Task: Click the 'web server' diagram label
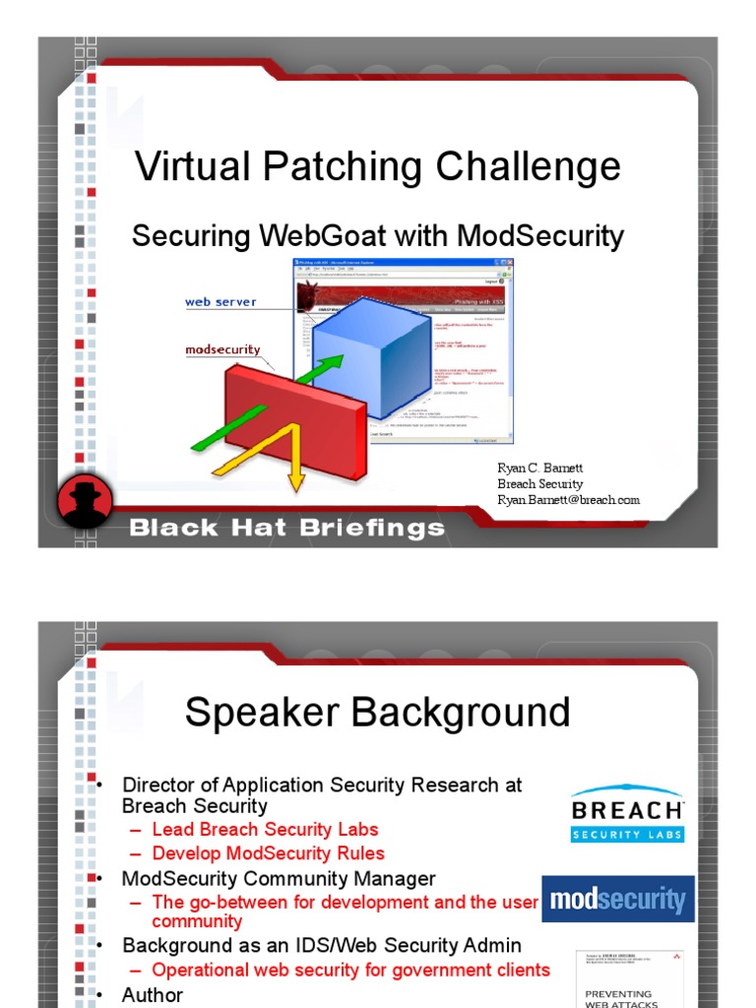[220, 302]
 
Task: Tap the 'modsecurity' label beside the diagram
[222, 349]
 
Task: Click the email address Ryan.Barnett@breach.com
[568, 500]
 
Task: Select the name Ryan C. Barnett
[539, 469]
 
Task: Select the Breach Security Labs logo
[627, 813]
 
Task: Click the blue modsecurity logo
[617, 899]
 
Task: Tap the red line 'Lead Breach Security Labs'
[265, 830]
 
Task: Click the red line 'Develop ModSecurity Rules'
[268, 853]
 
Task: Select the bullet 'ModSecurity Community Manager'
[279, 878]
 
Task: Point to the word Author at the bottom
[152, 995]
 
